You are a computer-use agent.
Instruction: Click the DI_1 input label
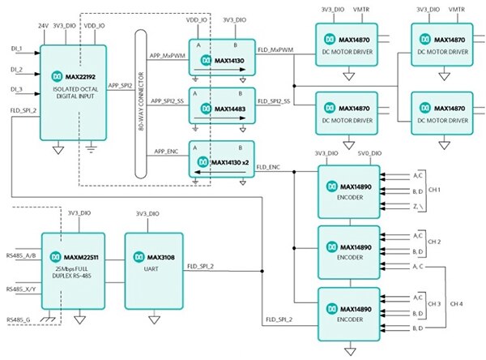point(17,48)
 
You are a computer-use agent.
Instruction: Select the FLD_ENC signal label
point(270,167)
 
